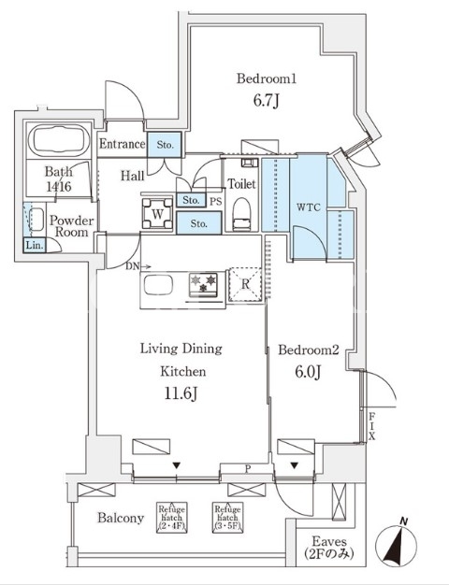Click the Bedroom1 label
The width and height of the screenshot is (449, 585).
[x=267, y=78]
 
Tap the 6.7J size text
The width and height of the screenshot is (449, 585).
[x=266, y=101]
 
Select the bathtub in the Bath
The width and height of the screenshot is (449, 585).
[x=58, y=141]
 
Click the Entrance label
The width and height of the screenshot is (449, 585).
[x=122, y=144]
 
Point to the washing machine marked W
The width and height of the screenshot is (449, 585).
[x=157, y=213]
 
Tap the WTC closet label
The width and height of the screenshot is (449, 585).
[x=309, y=207]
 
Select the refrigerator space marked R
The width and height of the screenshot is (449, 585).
[x=245, y=284]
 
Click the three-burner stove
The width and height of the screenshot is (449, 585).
[x=203, y=285]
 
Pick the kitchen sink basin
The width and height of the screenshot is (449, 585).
[x=158, y=286]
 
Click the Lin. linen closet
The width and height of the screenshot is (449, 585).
[x=35, y=246]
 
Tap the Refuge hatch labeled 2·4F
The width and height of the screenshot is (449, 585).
[x=171, y=517]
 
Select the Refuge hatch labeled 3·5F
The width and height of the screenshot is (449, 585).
[x=227, y=517]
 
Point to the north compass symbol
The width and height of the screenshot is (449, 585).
[x=396, y=544]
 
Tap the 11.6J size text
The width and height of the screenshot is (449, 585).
[x=181, y=393]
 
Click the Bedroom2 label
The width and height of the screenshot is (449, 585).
[x=308, y=350]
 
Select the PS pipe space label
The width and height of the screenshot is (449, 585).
[x=215, y=202]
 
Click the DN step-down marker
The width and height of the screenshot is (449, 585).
[x=138, y=266]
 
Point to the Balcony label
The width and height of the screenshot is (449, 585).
[x=121, y=518]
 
